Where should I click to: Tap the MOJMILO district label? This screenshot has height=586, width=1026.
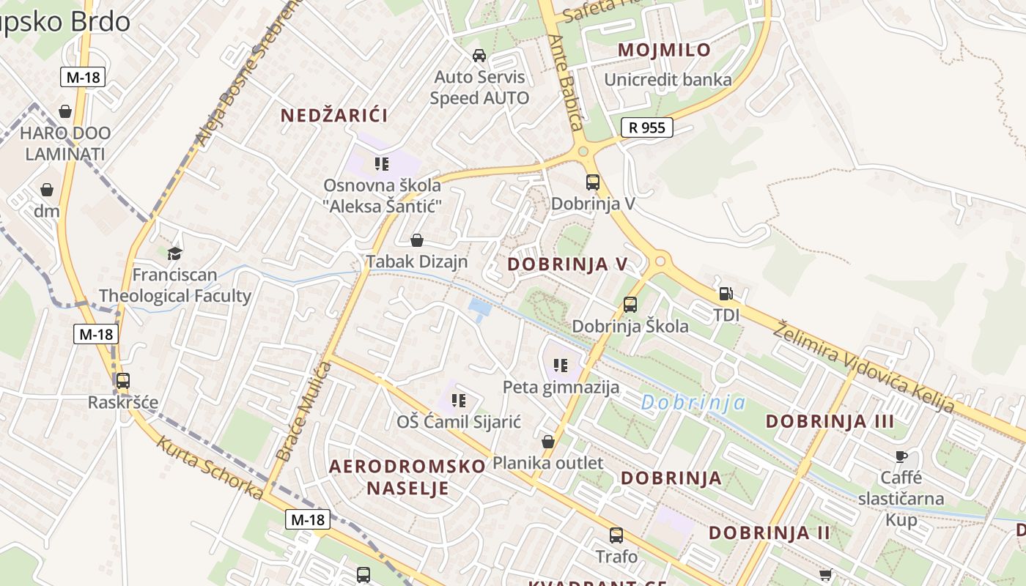coord(664,50)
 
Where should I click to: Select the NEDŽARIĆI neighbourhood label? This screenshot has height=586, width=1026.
coord(334,115)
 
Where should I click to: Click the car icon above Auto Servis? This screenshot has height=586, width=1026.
coord(479,56)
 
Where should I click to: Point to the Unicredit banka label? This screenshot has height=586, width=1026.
coord(668,80)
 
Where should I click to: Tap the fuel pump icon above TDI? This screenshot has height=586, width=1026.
coord(726,294)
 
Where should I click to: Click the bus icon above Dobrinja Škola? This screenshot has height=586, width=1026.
coord(630,305)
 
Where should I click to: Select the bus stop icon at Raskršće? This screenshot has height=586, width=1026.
coord(122,381)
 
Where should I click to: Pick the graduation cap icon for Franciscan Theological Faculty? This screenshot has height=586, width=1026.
coord(174,253)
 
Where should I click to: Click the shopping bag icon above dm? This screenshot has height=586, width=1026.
coord(47,190)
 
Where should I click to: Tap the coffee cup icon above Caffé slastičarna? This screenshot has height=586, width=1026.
coord(901,457)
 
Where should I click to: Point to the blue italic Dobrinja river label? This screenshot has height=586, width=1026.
coord(693,402)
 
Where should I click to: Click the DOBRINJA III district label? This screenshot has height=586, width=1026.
coord(830,421)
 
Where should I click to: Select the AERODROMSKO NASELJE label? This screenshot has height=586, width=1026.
coord(407,477)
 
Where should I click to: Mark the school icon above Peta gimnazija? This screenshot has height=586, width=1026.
coord(561,365)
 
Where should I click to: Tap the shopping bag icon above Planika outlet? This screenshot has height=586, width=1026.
coord(547,442)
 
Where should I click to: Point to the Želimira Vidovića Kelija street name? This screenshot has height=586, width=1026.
coord(865,366)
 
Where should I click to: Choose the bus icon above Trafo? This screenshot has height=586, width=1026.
coord(616,535)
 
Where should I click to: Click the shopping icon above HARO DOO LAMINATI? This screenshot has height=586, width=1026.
coord(65,111)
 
